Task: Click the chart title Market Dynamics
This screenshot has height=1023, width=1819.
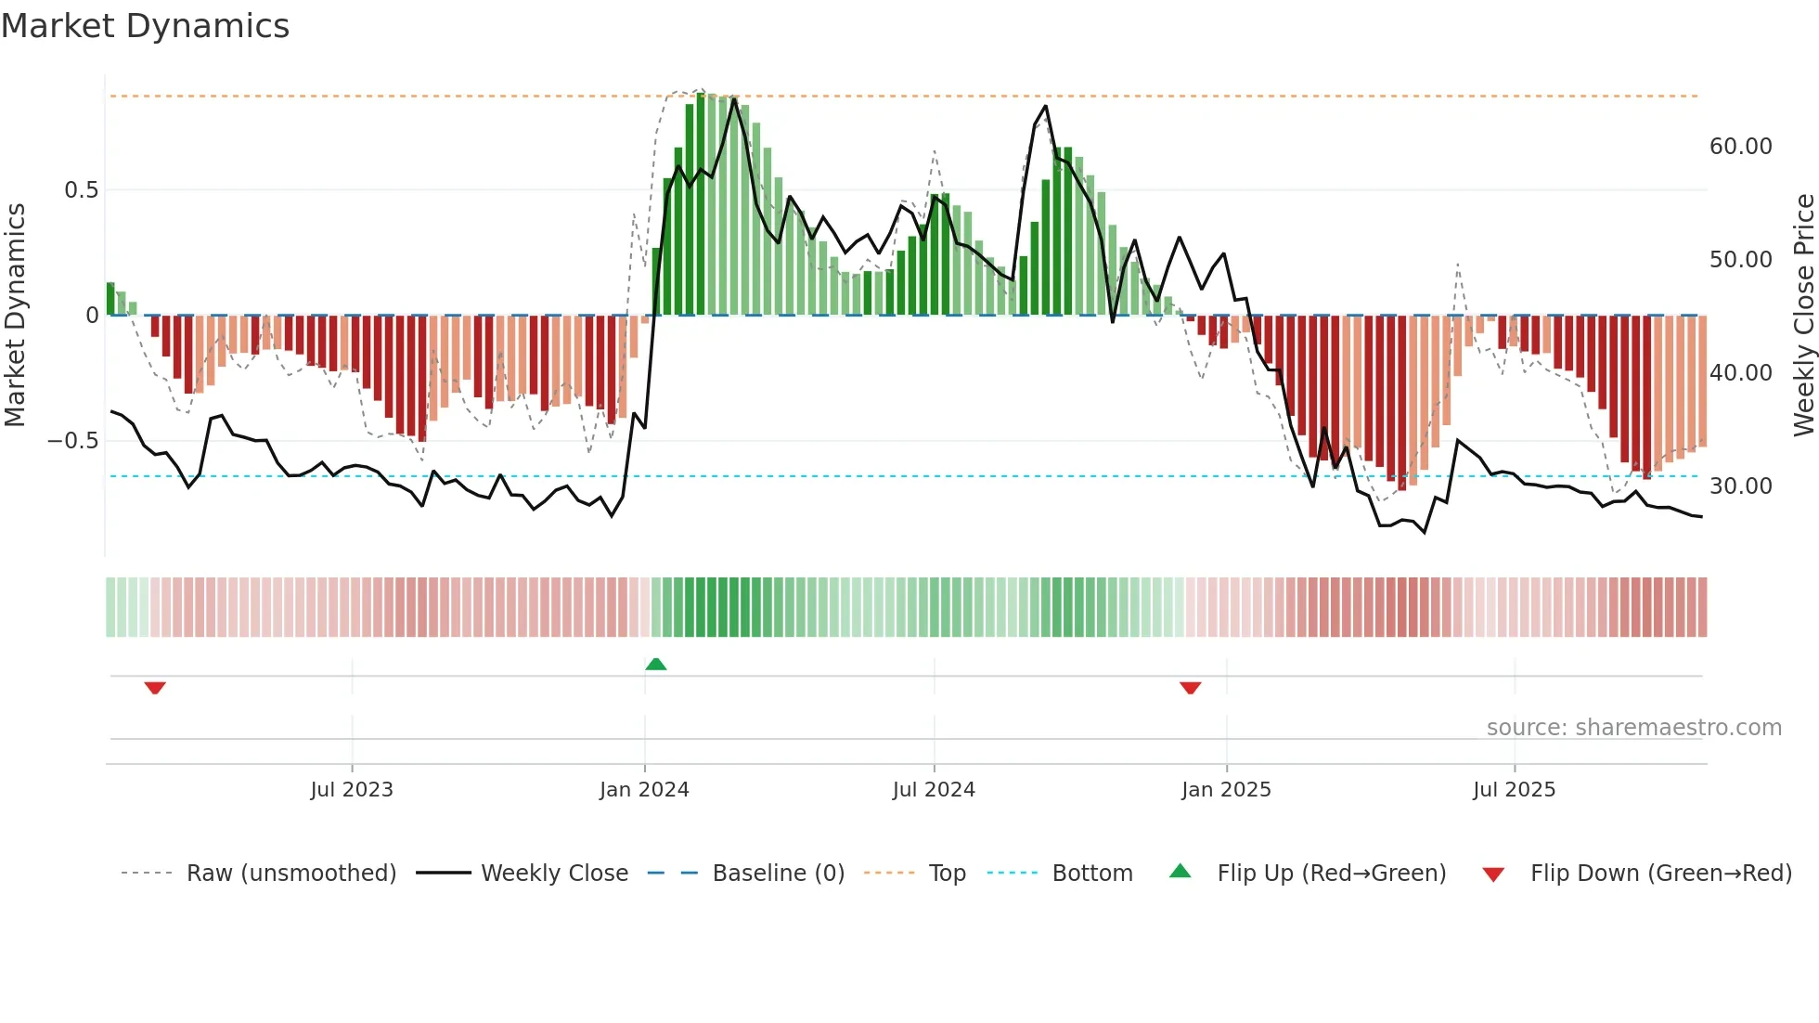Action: [145, 26]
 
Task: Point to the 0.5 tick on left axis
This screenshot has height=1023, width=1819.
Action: [81, 190]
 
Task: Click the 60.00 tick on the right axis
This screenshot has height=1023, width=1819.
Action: [1740, 147]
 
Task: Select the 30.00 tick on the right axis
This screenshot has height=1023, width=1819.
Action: [1740, 486]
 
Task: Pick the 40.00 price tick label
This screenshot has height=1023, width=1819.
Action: [1740, 373]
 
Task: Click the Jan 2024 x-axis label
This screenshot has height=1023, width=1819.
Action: [644, 790]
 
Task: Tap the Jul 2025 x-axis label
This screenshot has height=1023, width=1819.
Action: [1514, 790]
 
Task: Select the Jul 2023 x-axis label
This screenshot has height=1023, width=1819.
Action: [352, 790]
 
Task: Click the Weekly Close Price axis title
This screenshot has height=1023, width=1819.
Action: [1803, 316]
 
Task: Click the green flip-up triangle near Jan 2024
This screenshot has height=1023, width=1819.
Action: [656, 664]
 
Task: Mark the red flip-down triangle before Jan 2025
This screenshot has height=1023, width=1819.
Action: [1191, 688]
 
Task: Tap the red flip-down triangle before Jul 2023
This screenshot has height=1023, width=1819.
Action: [155, 688]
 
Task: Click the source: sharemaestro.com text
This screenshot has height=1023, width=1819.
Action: [1633, 728]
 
